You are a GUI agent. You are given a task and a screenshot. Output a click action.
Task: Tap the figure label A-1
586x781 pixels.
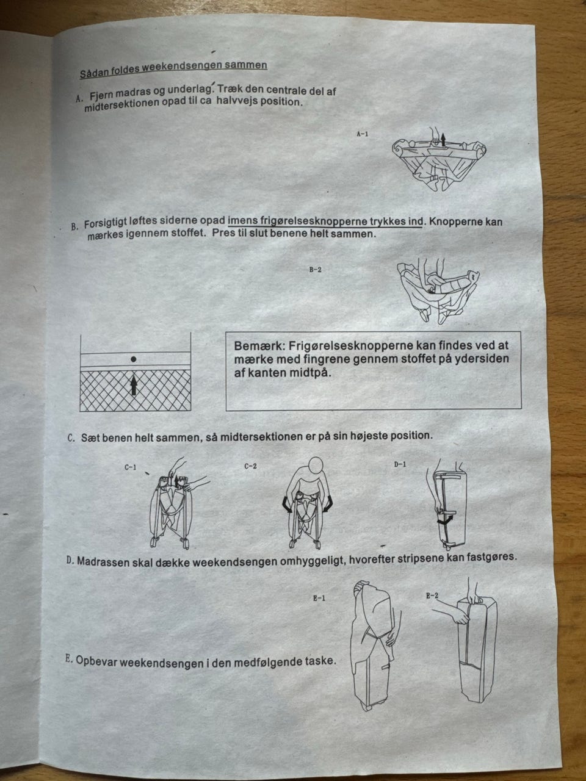[362, 134]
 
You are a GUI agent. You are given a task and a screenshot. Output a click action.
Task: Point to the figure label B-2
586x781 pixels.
[316, 270]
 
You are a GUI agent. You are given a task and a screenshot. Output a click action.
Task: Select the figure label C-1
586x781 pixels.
[130, 467]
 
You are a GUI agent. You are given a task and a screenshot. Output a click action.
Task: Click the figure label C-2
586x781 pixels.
[250, 466]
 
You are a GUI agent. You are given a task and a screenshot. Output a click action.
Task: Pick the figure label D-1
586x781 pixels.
[400, 464]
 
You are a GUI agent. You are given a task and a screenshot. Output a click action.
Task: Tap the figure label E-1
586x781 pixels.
[319, 598]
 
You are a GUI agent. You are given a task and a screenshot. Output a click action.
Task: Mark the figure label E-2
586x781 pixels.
[432, 596]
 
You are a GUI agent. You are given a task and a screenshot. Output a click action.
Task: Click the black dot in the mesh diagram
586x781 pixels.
[134, 359]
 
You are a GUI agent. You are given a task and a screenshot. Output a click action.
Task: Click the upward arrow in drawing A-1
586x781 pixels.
[443, 140]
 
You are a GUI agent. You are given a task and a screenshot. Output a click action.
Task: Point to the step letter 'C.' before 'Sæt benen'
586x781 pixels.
[71, 438]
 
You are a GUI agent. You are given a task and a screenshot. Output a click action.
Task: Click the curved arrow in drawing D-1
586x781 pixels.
[445, 520]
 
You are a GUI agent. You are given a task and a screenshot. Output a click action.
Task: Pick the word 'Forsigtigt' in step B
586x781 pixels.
[106, 224]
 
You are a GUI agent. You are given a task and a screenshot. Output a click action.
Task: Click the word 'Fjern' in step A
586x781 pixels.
[99, 95]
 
